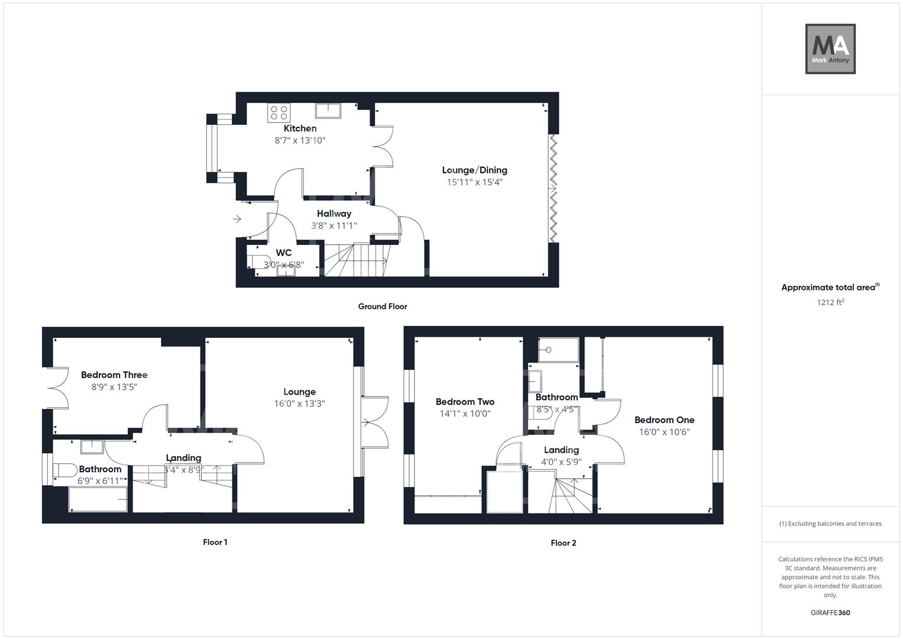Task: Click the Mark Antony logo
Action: click(830, 49)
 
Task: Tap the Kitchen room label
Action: click(300, 128)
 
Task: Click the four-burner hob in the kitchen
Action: click(279, 112)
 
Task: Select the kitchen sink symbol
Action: click(328, 111)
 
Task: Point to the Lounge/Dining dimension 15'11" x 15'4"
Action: click(474, 182)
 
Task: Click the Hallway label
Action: click(334, 214)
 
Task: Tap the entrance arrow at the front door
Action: click(237, 220)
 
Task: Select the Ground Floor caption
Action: click(382, 306)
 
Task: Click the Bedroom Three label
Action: click(114, 375)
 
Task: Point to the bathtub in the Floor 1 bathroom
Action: click(98, 500)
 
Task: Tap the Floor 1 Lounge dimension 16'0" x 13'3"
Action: click(299, 404)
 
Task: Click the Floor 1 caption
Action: click(215, 542)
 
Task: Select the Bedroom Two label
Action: click(465, 402)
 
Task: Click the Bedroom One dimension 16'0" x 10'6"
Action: click(664, 432)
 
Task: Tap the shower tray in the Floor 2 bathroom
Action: click(559, 350)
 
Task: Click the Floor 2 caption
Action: click(563, 543)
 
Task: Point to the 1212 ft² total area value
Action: click(830, 302)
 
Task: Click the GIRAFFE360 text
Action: click(830, 612)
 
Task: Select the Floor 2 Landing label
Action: click(561, 450)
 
